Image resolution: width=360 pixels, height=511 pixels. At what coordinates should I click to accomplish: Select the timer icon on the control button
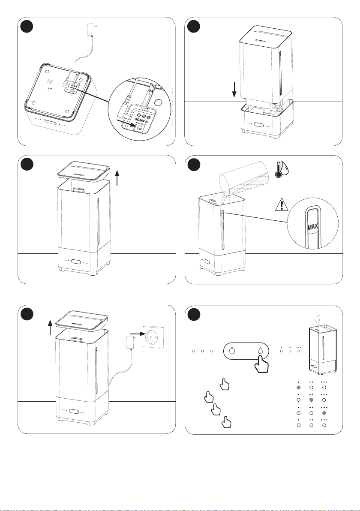pos(232,351)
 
